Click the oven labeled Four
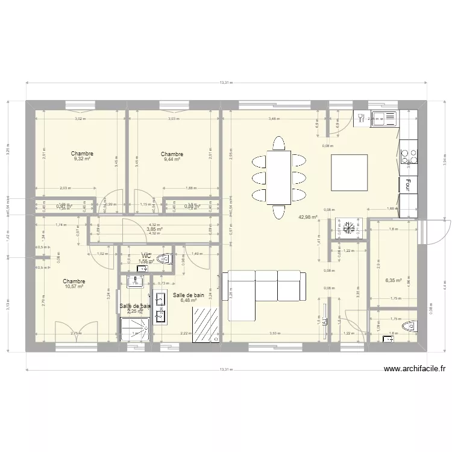pyautogui.click(x=408, y=184)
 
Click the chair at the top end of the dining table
pyautogui.click(x=278, y=143)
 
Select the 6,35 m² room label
pyautogui.click(x=394, y=280)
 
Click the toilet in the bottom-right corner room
pyautogui.click(x=410, y=327)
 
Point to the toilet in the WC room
pyautogui.click(x=162, y=260)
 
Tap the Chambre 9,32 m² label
pyautogui.click(x=81, y=157)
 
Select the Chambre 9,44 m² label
pyautogui.click(x=172, y=157)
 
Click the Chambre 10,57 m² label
pyautogui.click(x=74, y=284)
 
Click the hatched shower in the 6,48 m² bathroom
pyautogui.click(x=205, y=325)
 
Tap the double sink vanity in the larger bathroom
pyautogui.click(x=160, y=307)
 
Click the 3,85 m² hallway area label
pyautogui.click(x=155, y=229)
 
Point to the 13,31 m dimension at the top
pyautogui.click(x=225, y=83)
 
